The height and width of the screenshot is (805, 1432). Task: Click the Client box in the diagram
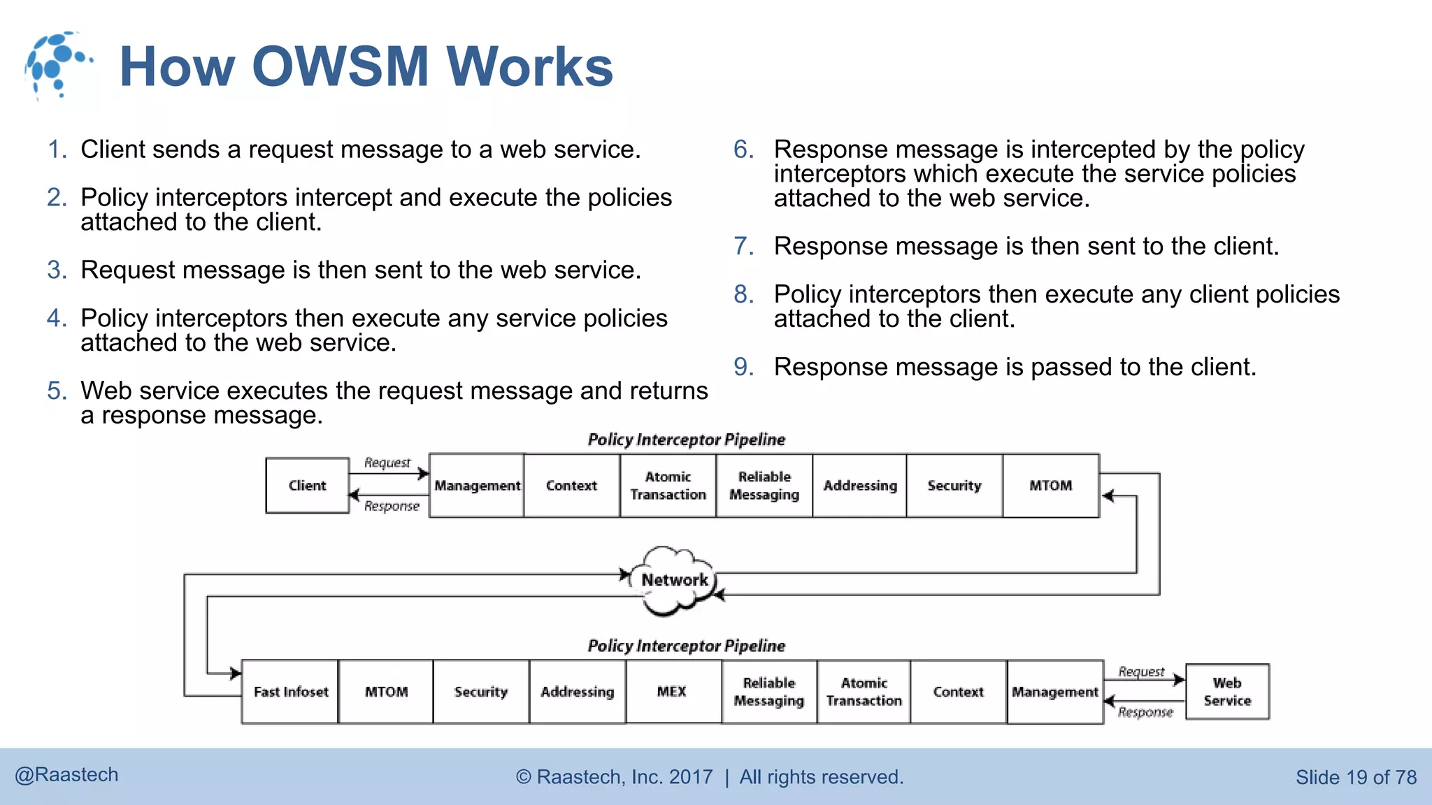[307, 486]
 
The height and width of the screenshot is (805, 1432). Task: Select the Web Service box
[1227, 692]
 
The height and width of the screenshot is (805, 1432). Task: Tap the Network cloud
[674, 580]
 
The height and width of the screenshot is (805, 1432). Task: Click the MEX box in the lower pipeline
[672, 692]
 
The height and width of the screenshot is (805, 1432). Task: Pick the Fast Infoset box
[290, 692]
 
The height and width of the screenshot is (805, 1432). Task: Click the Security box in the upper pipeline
[954, 486]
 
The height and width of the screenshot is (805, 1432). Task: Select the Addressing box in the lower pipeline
[577, 692]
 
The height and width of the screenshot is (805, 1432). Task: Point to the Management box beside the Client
[477, 486]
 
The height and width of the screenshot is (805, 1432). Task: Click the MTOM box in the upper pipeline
[1050, 486]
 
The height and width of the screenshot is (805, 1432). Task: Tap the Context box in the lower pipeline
[958, 692]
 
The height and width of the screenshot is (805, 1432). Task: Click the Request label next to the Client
[387, 463]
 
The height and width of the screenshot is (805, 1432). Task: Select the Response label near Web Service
[1145, 712]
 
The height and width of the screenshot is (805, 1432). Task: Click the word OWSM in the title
[340, 66]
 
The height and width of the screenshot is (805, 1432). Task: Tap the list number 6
[743, 150]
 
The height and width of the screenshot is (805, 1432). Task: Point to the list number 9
[743, 367]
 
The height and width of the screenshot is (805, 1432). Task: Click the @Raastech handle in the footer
[66, 775]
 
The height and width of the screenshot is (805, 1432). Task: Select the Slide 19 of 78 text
[1356, 777]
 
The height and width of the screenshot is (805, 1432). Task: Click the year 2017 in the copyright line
[691, 777]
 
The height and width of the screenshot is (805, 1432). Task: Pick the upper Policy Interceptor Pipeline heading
[686, 440]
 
